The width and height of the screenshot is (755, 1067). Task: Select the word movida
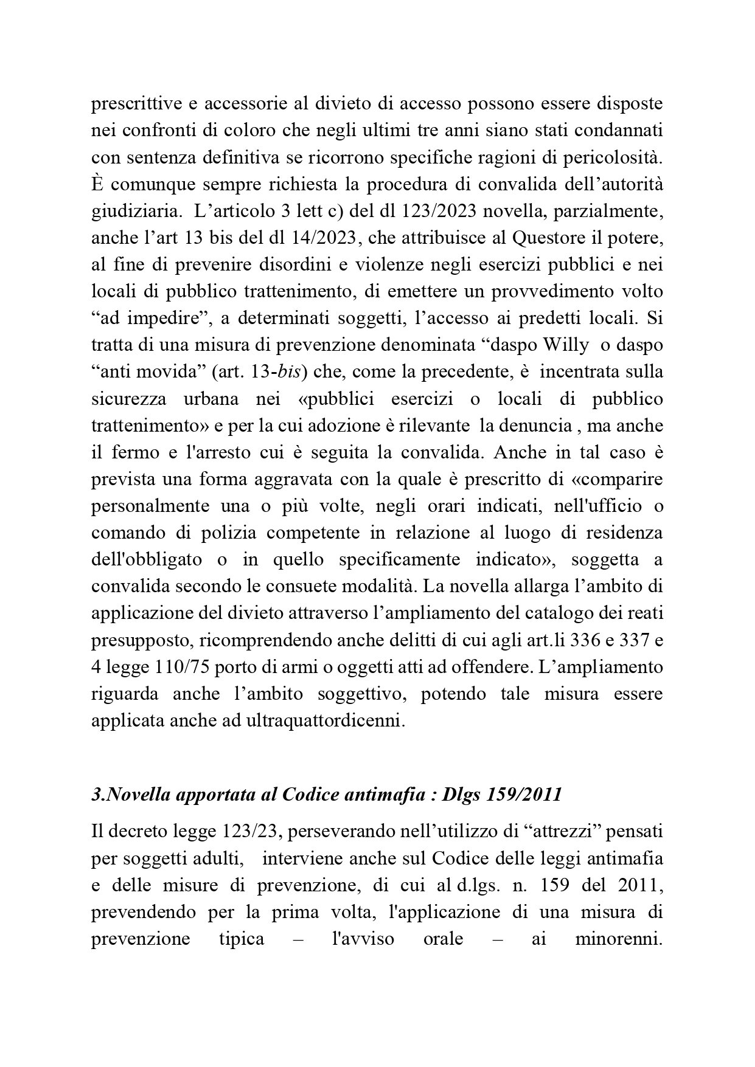click(155, 371)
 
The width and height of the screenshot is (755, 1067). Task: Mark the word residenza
click(624, 533)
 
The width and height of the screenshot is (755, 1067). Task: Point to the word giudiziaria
click(134, 212)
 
